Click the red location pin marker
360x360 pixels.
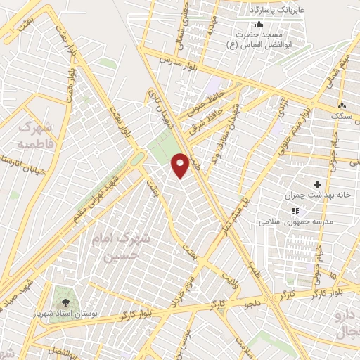coord(180,165)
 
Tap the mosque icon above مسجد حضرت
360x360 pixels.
coord(259,25)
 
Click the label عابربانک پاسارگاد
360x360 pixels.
coord(280,11)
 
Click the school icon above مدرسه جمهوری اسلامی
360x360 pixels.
coord(295,210)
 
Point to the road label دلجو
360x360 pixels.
coord(252,304)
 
